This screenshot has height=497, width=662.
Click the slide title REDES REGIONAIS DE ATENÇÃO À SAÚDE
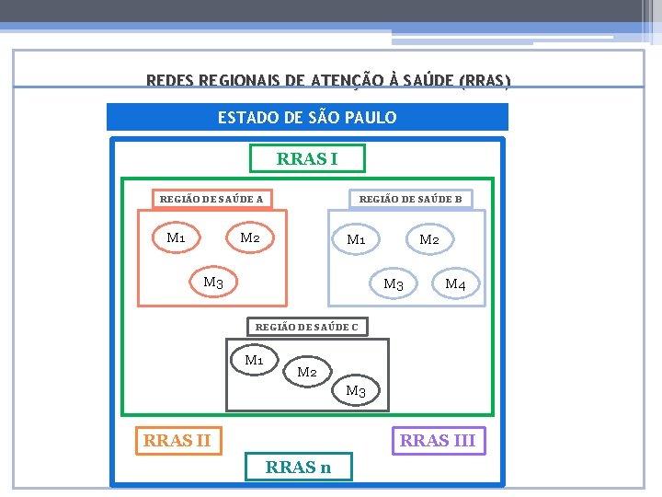[x=328, y=81]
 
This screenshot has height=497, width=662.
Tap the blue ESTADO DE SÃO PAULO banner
[x=307, y=117]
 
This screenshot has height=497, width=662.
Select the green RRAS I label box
[x=307, y=159]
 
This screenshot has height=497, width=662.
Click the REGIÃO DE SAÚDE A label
[x=211, y=199]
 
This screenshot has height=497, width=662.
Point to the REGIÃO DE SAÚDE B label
[x=410, y=199]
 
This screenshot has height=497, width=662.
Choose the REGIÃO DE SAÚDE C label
[x=307, y=327]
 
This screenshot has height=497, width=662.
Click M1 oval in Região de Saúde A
[x=176, y=238]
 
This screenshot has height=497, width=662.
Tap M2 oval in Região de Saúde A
[x=250, y=238]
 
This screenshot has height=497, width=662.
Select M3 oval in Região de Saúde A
[x=213, y=283]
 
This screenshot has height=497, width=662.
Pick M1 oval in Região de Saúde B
[x=356, y=240]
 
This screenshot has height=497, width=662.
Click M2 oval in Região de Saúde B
[x=429, y=240]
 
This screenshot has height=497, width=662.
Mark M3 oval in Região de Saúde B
[x=394, y=284]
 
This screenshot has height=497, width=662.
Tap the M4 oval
[x=455, y=284]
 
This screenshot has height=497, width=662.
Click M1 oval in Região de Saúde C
[x=255, y=360]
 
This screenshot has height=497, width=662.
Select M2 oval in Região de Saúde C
[x=307, y=372]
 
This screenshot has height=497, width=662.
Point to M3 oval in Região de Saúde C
[x=356, y=392]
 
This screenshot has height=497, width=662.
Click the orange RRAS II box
[x=177, y=441]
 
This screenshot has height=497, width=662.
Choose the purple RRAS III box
[x=438, y=441]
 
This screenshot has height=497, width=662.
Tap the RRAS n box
[x=298, y=468]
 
